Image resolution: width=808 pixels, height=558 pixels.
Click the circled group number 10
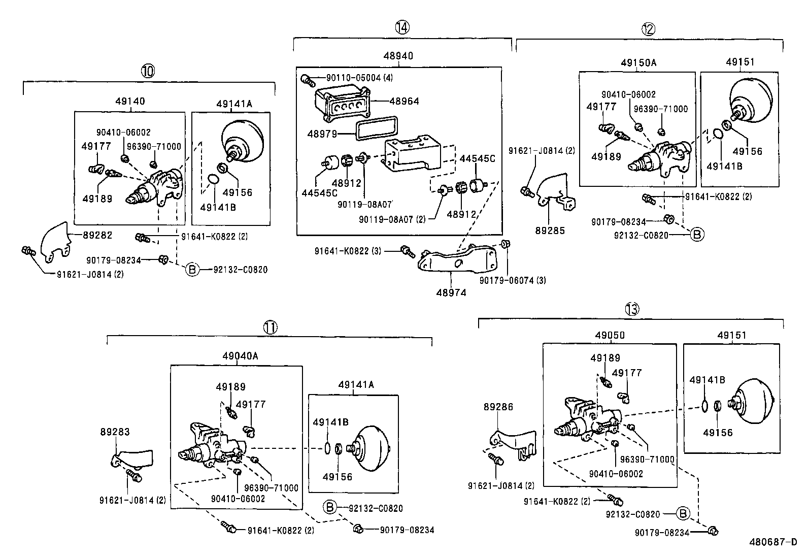(148, 71)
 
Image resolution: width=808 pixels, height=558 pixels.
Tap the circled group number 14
(402, 27)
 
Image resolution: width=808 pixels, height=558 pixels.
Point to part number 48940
(399, 56)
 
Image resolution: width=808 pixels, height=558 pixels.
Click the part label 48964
(405, 101)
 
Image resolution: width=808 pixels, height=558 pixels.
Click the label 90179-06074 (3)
(513, 280)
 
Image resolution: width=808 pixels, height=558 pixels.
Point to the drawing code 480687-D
(773, 541)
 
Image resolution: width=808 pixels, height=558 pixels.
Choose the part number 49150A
(638, 63)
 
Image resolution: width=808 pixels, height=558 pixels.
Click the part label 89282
(96, 235)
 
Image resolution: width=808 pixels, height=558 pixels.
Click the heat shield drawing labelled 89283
(134, 458)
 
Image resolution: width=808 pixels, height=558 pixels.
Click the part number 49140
(130, 101)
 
